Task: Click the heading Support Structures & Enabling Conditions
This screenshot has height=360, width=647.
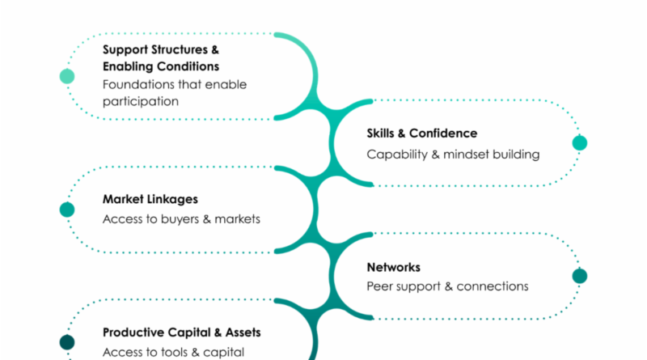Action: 160,57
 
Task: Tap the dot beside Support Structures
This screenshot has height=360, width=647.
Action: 67,77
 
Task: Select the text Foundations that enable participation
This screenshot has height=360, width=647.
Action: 174,92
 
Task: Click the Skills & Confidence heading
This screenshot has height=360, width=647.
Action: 421,133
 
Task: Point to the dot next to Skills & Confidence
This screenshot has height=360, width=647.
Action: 579,143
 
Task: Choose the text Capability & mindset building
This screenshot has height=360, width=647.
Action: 452,154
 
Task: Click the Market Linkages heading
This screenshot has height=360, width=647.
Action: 150,198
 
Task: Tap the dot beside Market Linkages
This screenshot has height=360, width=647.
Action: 67,210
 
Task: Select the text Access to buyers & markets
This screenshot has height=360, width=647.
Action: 181,219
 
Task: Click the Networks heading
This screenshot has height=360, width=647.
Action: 393,266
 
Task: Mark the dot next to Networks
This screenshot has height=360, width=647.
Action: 579,276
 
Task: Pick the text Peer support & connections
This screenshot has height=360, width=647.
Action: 447,286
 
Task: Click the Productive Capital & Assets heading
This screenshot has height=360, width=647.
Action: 182,332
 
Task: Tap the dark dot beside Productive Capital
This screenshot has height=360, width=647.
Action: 67,342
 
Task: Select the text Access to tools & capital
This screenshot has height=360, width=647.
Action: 173,352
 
